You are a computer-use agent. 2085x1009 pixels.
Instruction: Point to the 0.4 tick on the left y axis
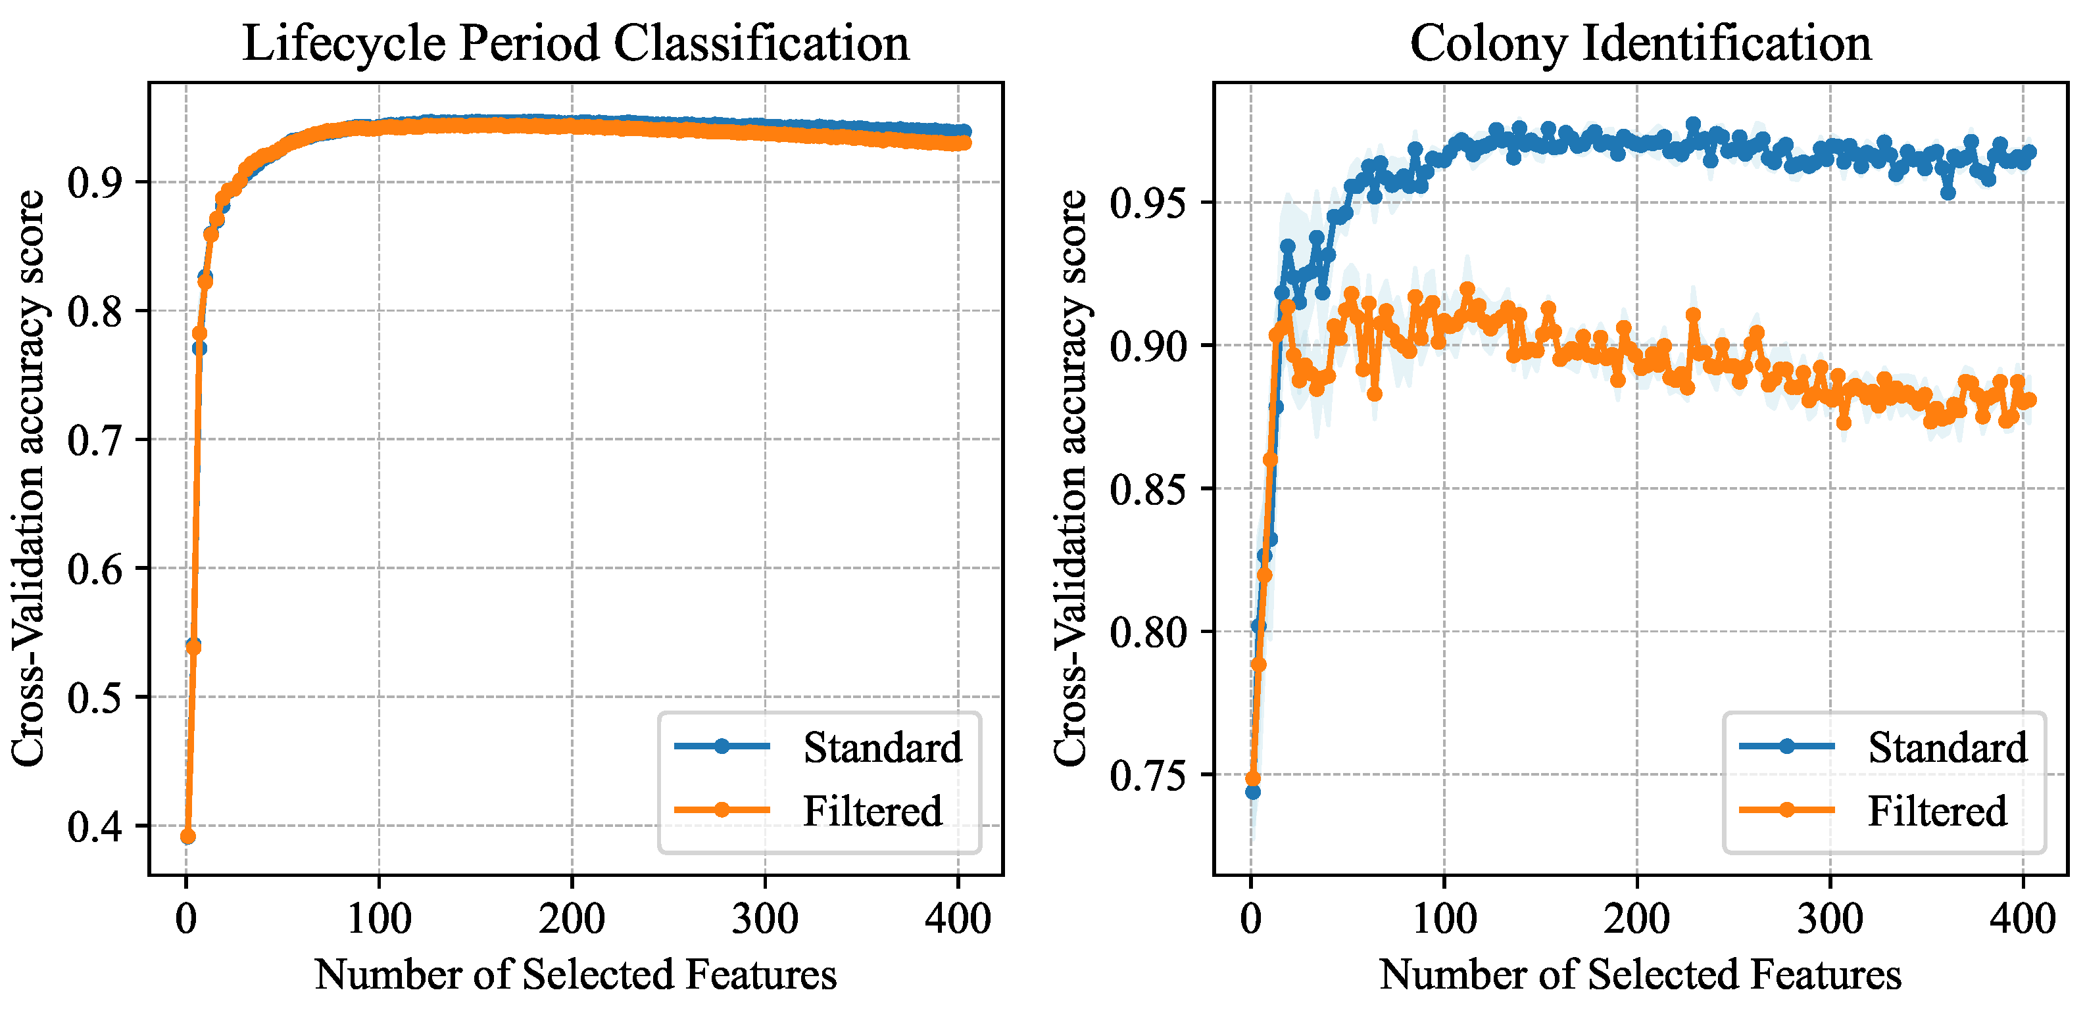pyautogui.click(x=95, y=826)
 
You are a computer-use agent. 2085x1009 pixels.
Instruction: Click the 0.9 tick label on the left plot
pyautogui.click(x=95, y=183)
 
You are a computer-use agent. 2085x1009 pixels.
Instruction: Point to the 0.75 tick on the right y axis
pyautogui.click(x=1147, y=775)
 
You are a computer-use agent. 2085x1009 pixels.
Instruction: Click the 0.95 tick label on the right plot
pyautogui.click(x=1147, y=203)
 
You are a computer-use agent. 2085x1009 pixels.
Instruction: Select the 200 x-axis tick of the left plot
pyautogui.click(x=572, y=919)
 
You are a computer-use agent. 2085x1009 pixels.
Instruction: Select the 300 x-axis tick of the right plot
pyautogui.click(x=1829, y=919)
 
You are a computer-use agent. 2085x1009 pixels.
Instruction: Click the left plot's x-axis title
pyautogui.click(x=576, y=974)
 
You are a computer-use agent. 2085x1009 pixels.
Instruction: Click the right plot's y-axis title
pyautogui.click(x=1070, y=477)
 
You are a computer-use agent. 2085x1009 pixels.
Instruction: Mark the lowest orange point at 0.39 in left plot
pyautogui.click(x=187, y=837)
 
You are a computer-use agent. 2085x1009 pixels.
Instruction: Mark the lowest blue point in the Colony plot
pyautogui.click(x=1253, y=791)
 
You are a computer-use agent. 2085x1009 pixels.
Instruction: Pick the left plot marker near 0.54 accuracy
pyautogui.click(x=193, y=645)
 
